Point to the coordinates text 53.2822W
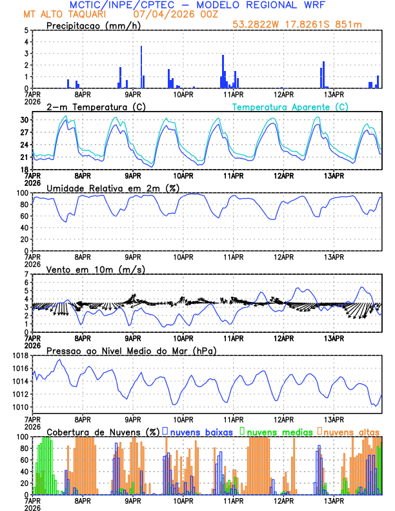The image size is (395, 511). (256, 25)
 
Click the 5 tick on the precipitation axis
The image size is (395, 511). (25, 30)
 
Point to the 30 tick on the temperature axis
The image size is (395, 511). (23, 120)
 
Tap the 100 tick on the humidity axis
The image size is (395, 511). (21, 193)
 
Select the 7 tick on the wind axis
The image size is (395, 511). (25, 274)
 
